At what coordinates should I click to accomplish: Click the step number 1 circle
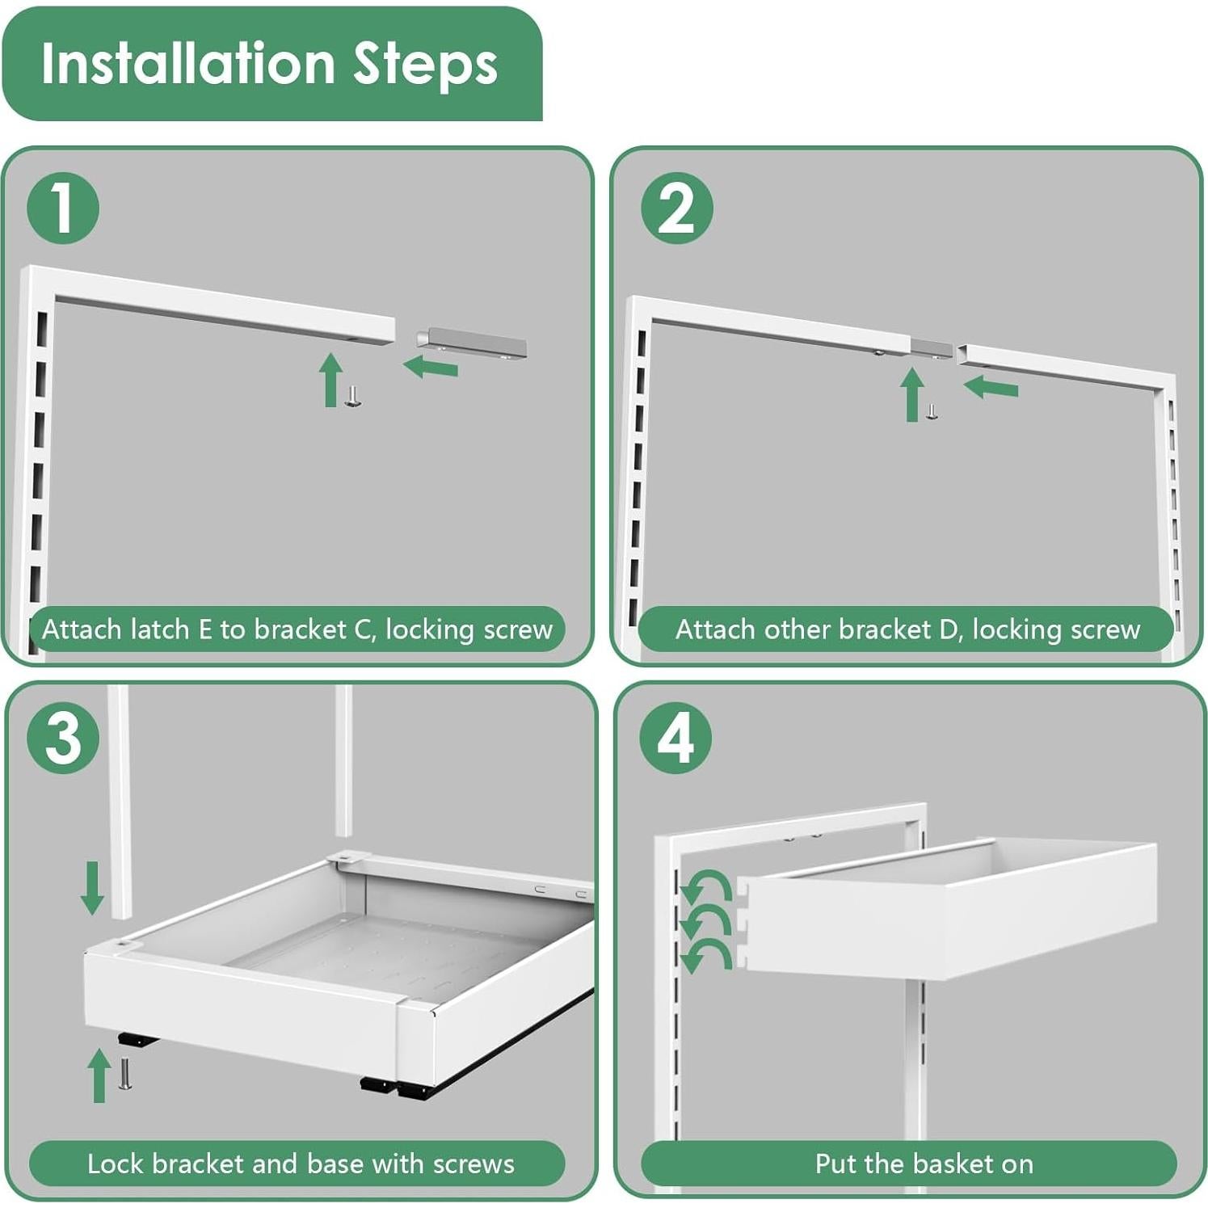click(x=63, y=208)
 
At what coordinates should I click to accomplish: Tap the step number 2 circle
click(x=676, y=208)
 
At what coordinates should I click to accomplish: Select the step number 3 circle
click(x=63, y=738)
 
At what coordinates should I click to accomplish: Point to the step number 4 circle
click(x=676, y=738)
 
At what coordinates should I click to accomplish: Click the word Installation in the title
click(x=187, y=63)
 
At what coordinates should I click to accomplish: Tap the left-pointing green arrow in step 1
click(x=431, y=367)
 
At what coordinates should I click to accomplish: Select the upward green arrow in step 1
click(x=330, y=380)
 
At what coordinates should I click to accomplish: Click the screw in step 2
click(x=932, y=412)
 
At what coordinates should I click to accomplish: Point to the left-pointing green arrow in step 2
click(x=991, y=387)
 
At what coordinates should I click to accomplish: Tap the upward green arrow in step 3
click(x=99, y=1075)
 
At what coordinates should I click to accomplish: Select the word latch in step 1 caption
click(x=155, y=629)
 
